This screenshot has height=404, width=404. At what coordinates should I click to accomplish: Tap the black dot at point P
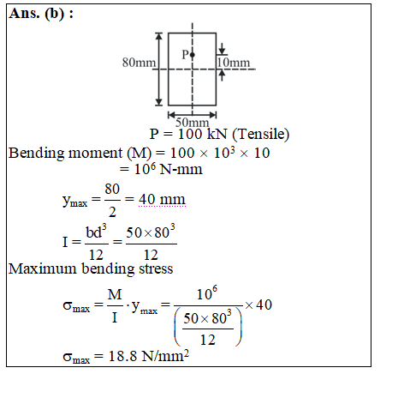click(193, 55)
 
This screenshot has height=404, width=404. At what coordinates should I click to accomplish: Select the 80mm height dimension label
click(139, 63)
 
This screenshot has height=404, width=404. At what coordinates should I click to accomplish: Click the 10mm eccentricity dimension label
click(234, 63)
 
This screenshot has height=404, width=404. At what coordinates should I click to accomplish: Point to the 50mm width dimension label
click(193, 123)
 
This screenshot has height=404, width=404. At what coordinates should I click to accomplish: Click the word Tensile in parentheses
click(261, 134)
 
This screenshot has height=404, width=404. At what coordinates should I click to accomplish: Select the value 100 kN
click(203, 134)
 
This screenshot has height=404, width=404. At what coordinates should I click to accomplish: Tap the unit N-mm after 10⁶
click(181, 169)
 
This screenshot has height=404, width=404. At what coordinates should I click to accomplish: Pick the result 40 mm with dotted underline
click(162, 199)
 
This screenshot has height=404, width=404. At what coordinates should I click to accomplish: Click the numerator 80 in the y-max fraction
click(112, 189)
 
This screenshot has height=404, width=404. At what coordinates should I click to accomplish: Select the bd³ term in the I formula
click(96, 232)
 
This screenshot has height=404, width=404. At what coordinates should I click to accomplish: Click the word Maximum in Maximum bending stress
click(43, 268)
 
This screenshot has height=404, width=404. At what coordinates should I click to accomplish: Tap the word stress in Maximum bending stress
click(156, 268)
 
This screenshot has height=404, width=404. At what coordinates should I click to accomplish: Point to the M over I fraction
click(115, 305)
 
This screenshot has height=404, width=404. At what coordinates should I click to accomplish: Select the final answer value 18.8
click(122, 356)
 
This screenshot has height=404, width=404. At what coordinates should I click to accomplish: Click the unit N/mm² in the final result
click(165, 355)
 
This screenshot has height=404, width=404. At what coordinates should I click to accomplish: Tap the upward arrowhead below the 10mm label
click(222, 74)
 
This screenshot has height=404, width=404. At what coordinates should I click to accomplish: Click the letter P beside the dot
click(186, 54)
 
